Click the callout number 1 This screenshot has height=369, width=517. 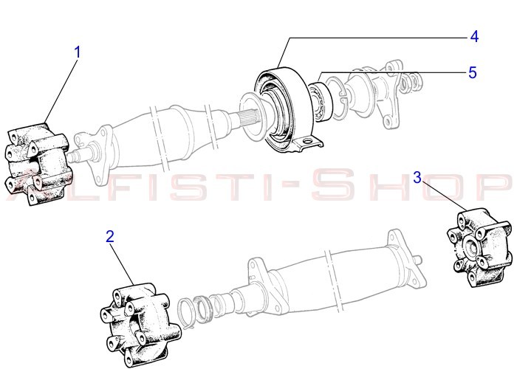tap(78, 52)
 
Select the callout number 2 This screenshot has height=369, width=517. tap(110, 237)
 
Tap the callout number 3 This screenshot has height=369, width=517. tap(417, 178)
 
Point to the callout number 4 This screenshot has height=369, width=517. tap(474, 36)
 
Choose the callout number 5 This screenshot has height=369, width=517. tap(473, 72)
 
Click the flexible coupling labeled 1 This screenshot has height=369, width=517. tap(38, 164)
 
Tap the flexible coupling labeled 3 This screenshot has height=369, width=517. tap(480, 247)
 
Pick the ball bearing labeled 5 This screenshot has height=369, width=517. tap(320, 102)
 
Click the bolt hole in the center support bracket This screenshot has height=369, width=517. tap(308, 142)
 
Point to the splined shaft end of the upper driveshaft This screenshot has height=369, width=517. tap(249, 120)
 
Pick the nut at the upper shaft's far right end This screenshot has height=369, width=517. tap(415, 80)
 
